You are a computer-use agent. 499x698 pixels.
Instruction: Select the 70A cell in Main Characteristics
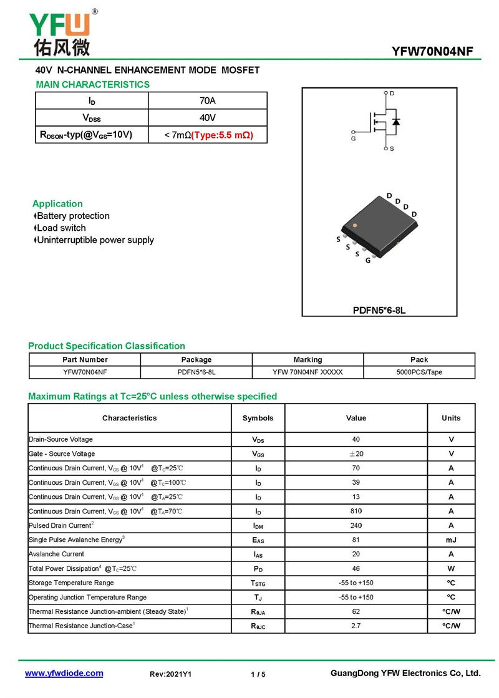208,101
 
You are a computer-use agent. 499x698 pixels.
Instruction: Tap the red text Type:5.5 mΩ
222,135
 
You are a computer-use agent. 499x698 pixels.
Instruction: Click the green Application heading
57,203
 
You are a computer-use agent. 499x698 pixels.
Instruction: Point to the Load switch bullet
61,228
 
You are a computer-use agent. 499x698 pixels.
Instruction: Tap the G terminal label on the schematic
354,139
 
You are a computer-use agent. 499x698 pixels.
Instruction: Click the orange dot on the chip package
355,225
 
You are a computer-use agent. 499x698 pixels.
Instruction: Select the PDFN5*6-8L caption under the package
379,310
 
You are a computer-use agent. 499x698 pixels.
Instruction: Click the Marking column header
308,359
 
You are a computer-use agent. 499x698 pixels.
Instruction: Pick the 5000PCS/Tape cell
419,372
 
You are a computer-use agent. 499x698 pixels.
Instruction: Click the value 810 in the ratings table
356,511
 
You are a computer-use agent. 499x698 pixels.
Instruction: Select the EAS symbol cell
258,540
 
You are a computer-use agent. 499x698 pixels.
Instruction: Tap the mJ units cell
451,540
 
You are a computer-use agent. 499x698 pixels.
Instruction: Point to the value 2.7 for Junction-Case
356,626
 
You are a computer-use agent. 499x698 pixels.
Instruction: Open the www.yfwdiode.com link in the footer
64,674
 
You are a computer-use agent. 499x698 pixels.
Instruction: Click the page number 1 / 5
258,674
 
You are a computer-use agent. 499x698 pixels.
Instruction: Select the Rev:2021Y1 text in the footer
171,674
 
